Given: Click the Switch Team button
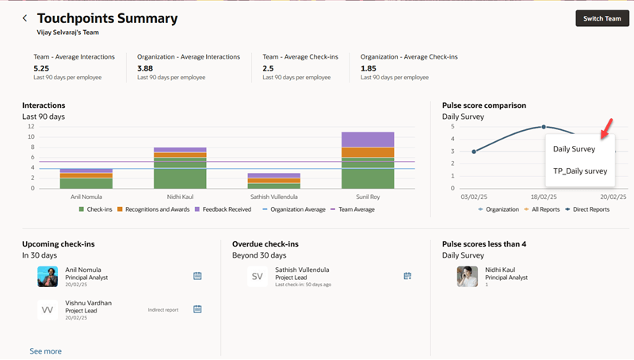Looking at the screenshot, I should (602, 18).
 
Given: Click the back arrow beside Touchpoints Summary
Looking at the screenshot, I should (25, 18).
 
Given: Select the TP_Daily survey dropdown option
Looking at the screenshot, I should (580, 170).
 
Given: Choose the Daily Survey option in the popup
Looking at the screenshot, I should (574, 148).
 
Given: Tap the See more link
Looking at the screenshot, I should (45, 350).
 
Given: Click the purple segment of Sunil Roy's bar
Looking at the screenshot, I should (368, 140).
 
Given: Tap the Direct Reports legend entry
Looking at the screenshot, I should (587, 209).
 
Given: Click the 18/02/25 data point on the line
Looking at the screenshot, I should (544, 127).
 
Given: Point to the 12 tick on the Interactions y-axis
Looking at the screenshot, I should (30, 127).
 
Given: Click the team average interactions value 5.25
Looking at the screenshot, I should (42, 68).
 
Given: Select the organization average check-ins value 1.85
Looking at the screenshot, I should (369, 68).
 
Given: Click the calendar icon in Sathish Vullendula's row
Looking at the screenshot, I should (407, 276).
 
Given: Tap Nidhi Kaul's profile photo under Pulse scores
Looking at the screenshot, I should (468, 276).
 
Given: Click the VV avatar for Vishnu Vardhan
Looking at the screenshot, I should (48, 309).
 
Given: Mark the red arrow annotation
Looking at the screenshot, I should (606, 127).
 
